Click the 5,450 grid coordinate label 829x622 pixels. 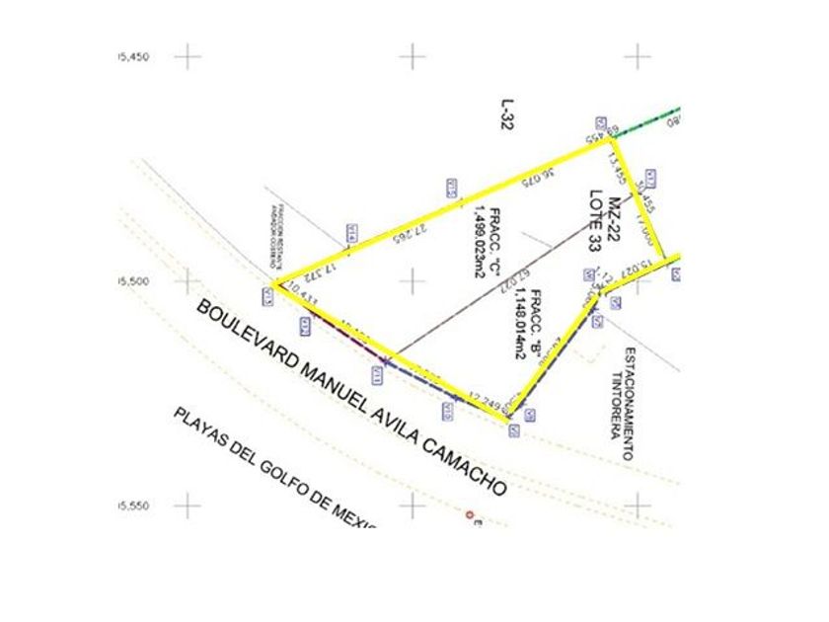(133, 57)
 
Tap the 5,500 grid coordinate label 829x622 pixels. (133, 282)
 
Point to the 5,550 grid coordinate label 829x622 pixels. (133, 506)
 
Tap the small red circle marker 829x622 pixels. (471, 513)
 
